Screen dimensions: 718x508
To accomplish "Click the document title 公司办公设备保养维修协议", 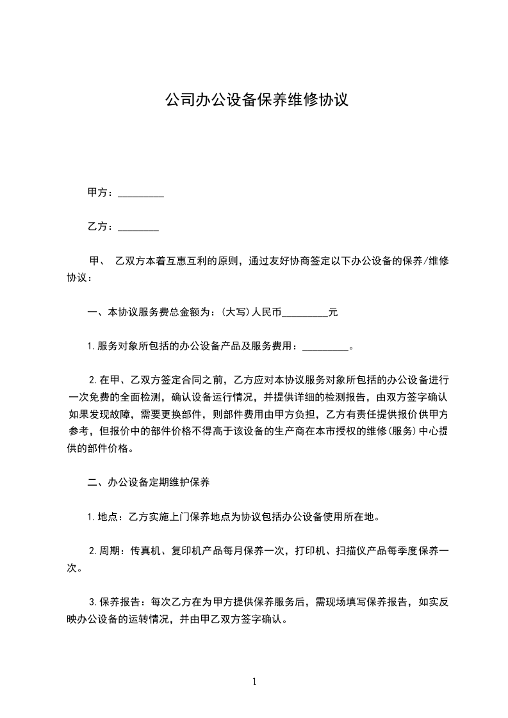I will click(x=256, y=100).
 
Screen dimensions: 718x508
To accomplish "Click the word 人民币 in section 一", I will click(x=265, y=313).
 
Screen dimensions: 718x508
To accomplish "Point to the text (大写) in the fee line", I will click(x=234, y=313).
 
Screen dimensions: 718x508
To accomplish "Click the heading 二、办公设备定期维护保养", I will click(x=148, y=483).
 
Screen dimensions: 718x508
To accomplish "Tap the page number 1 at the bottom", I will click(x=255, y=682).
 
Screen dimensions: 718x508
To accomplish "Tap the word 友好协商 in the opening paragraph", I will click(x=284, y=261).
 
